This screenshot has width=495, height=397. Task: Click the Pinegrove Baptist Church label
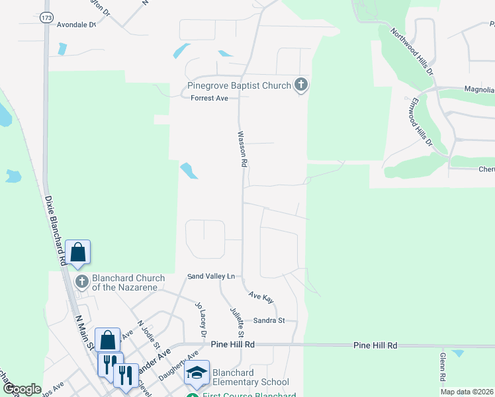coord(239,86)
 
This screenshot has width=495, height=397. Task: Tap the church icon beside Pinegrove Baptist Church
coord(301,85)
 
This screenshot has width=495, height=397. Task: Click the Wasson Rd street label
coord(243,148)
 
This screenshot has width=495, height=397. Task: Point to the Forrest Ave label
coord(209,99)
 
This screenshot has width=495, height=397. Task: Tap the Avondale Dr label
coord(77,24)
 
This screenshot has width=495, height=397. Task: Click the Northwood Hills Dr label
coord(411,50)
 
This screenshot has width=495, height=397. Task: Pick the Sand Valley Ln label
coord(211,276)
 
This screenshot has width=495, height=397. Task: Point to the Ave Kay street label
coord(261,298)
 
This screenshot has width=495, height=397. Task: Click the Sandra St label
coord(269,321)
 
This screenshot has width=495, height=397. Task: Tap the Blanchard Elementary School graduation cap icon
coord(197,373)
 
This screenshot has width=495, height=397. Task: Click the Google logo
coord(21,390)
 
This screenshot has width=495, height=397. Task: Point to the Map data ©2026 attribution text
coord(467,392)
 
